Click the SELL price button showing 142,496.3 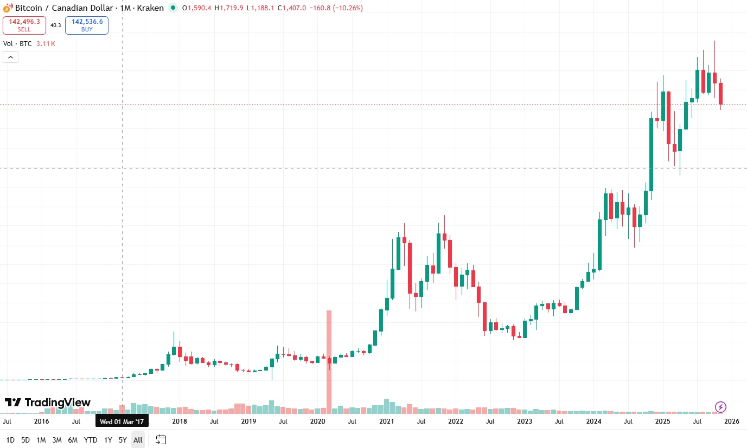tap(24, 25)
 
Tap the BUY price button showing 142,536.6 tap(87, 25)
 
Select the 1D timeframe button tap(10, 440)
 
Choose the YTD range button tap(91, 440)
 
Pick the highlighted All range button tap(138, 440)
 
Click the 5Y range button tap(123, 440)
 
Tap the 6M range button tap(73, 440)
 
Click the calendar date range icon tap(161, 439)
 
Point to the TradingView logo tap(48, 402)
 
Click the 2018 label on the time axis tap(180, 421)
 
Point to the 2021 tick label tap(386, 421)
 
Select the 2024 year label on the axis tap(593, 421)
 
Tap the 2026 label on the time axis tap(731, 421)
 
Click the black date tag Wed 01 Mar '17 tap(122, 421)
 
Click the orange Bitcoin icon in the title tap(7, 8)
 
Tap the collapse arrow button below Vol tap(11, 57)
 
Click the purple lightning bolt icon tap(720, 407)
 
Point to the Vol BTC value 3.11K tap(46, 43)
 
